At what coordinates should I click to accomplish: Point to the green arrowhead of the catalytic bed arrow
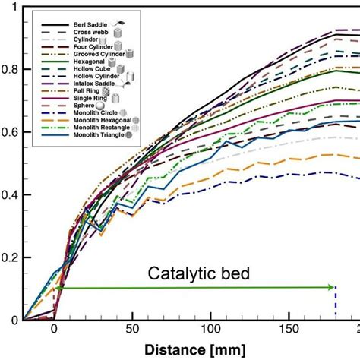point(331,287)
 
